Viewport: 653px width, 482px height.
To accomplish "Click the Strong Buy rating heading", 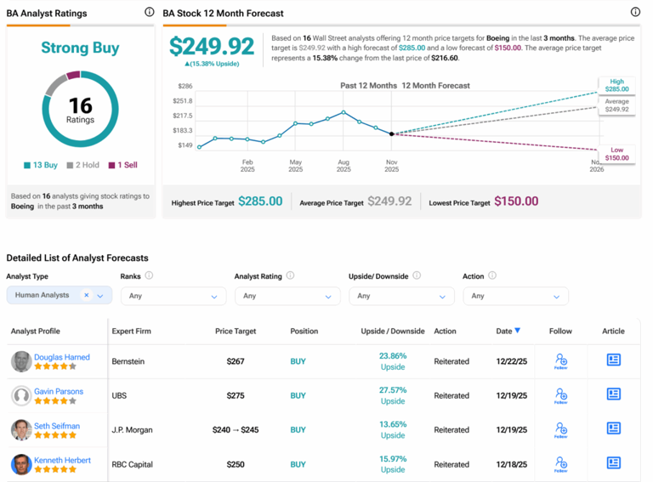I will (x=80, y=48).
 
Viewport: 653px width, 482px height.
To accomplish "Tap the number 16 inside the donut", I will (x=80, y=104).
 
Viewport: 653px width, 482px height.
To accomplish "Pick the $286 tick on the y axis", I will (x=185, y=86).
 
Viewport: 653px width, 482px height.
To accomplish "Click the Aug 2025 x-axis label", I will (x=344, y=165).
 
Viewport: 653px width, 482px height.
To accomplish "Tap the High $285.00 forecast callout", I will (x=616, y=86).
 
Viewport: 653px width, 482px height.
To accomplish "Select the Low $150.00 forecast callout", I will (x=616, y=154).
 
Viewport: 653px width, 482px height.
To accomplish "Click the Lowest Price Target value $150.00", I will (x=516, y=201).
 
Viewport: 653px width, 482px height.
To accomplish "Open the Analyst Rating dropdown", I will (x=287, y=296).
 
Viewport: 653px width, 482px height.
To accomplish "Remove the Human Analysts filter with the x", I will (x=86, y=295).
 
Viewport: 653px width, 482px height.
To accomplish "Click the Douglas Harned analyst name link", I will (x=62, y=357).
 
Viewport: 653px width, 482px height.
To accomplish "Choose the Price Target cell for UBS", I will (x=236, y=395).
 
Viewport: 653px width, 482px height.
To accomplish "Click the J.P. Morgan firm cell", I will (x=132, y=430).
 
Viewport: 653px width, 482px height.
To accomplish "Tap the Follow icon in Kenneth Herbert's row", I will (x=560, y=464).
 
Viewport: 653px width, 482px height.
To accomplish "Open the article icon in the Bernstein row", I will (x=613, y=360).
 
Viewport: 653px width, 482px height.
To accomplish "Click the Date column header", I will (x=506, y=331).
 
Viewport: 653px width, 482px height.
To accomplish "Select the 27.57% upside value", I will (x=392, y=390).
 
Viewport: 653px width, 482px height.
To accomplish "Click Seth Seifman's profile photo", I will (x=21, y=430).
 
